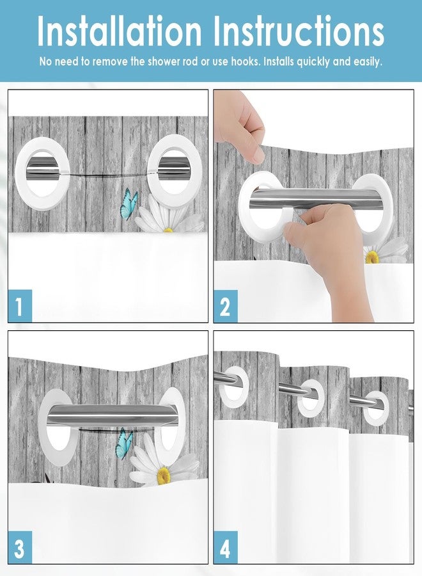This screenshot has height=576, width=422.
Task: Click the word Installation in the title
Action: point(119,32)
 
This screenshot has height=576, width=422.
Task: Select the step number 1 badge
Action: point(20,306)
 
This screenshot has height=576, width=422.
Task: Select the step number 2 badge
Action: point(225,306)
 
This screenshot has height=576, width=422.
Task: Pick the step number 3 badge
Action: point(20,548)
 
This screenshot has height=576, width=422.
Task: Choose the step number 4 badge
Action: point(225,548)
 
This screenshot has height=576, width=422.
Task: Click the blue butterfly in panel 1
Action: point(129,204)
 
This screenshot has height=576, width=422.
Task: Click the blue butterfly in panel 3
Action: point(124,444)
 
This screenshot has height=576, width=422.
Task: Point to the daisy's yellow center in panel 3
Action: point(164,474)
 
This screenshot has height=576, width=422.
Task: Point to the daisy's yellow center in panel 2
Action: point(372,257)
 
